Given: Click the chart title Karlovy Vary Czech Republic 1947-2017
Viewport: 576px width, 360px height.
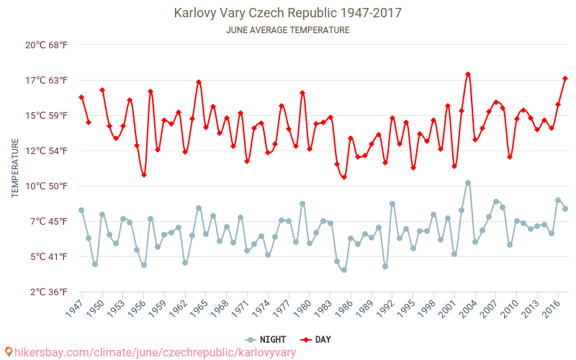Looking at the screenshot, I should tap(288, 13).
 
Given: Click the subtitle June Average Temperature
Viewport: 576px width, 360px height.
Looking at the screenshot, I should tap(288, 30).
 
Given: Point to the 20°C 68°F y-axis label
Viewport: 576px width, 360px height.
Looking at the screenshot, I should tap(47, 45).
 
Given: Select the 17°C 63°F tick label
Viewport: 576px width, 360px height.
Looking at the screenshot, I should tap(47, 80).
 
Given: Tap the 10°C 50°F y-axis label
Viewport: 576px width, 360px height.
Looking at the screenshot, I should tap(47, 186).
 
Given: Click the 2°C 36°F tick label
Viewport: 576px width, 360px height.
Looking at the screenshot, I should tap(47, 292).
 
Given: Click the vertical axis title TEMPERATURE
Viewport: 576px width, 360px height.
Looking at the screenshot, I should tap(15, 168).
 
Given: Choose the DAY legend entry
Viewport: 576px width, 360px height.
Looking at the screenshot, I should tap(316, 339).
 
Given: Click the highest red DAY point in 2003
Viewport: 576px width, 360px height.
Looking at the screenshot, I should tap(468, 74).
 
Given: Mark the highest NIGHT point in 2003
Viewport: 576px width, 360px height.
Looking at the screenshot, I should tap(468, 183).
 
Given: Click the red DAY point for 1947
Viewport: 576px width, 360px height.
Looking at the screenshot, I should tap(81, 97).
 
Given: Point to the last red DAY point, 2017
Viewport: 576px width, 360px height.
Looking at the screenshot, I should tap(565, 78).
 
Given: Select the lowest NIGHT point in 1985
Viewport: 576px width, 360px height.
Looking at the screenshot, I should tap(344, 270).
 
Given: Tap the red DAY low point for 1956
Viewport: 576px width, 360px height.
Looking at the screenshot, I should tap(144, 175).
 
